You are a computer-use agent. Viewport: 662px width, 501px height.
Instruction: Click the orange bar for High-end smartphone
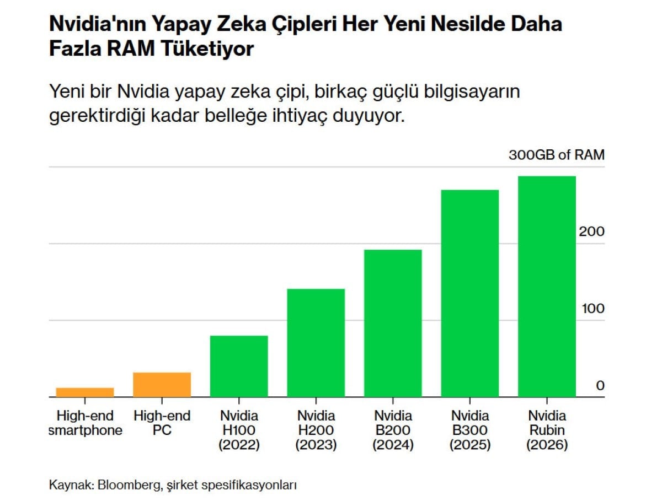point(85,392)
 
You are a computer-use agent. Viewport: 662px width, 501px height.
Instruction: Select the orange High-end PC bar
point(162,384)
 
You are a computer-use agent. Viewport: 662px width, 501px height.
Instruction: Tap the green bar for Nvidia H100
point(239,366)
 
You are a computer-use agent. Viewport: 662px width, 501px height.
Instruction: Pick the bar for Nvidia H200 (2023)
point(316,342)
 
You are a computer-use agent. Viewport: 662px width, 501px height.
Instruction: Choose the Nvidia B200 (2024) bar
point(393,323)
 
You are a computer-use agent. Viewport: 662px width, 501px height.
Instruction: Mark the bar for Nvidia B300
point(470,293)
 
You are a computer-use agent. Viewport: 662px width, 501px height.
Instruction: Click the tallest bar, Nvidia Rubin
point(547,286)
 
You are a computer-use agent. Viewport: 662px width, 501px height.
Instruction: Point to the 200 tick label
point(591,231)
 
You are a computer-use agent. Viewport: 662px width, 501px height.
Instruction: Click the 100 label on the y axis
point(591,309)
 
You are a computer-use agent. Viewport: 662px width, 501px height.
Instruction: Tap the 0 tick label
point(600,386)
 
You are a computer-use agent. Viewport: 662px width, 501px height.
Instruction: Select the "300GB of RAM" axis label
point(556,155)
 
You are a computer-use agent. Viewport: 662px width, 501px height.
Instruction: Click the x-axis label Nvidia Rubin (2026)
point(547,430)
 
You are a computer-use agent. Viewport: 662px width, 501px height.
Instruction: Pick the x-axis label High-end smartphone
point(85,423)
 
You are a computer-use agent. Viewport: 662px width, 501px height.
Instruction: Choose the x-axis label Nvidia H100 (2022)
point(239,430)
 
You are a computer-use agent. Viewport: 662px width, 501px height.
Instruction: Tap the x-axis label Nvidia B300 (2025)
point(470,430)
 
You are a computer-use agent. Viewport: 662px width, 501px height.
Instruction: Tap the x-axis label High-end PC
point(162,423)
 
